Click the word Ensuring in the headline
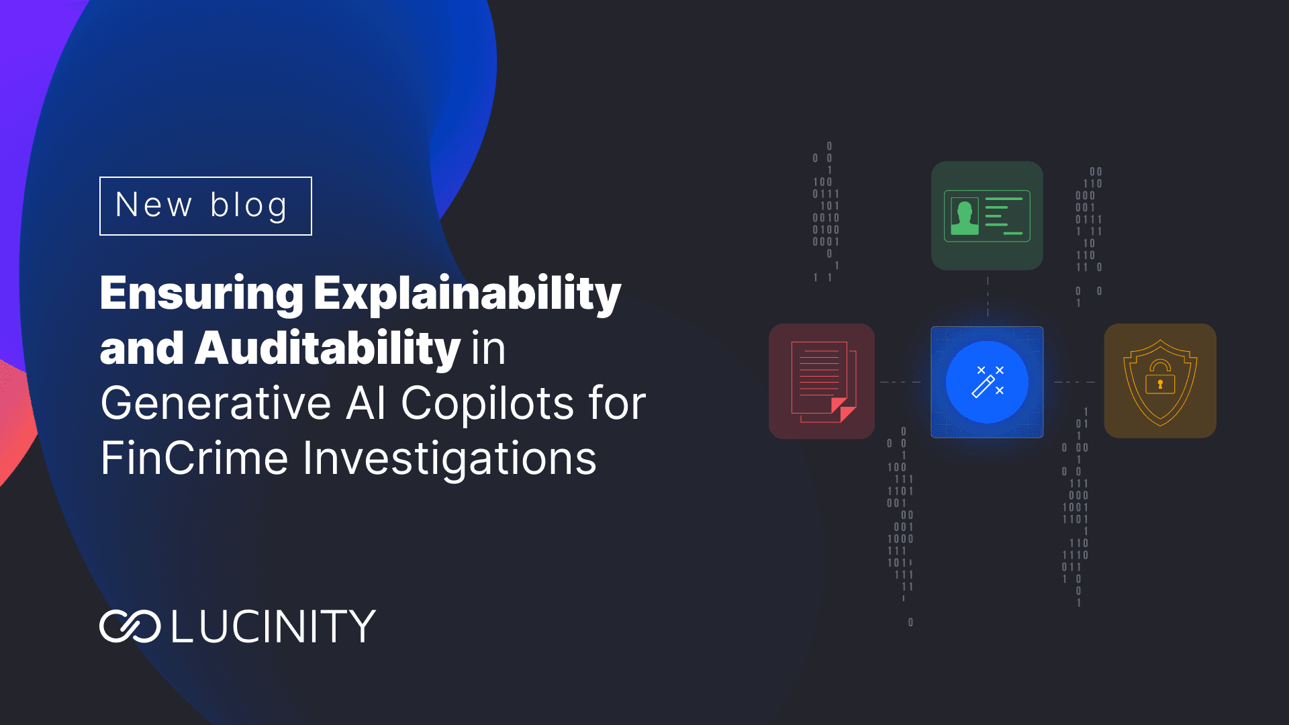(201, 294)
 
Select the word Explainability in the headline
(467, 294)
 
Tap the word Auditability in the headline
(327, 349)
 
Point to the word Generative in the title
(216, 404)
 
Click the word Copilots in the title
(487, 404)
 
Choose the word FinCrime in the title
(194, 459)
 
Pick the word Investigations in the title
(449, 459)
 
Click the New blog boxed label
(205, 206)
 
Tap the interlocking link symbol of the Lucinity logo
(130, 626)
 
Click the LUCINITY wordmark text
(273, 626)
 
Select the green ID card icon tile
(987, 215)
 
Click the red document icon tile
(822, 381)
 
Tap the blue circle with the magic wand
(987, 382)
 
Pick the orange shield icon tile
(1160, 381)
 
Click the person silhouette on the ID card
(965, 217)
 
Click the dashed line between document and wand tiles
(900, 382)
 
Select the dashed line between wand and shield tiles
(1074, 382)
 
